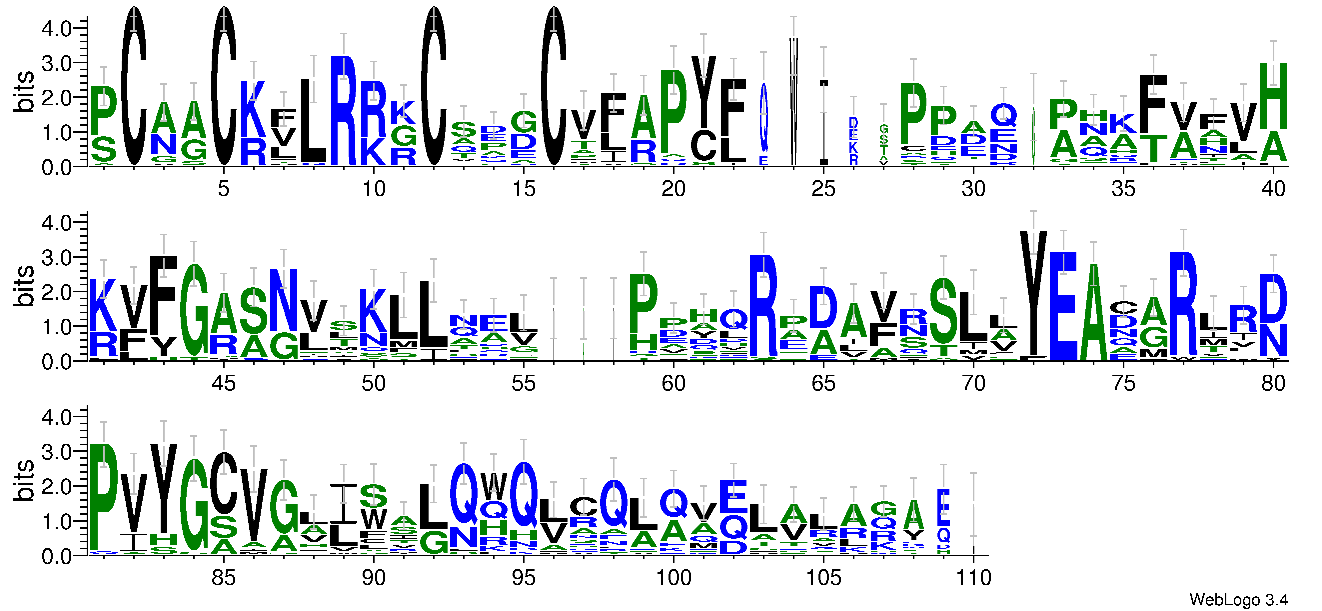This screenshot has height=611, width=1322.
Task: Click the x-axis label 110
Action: click(973, 578)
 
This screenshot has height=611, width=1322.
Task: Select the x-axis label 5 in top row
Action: click(223, 189)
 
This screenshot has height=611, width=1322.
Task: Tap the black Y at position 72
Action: click(1033, 293)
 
